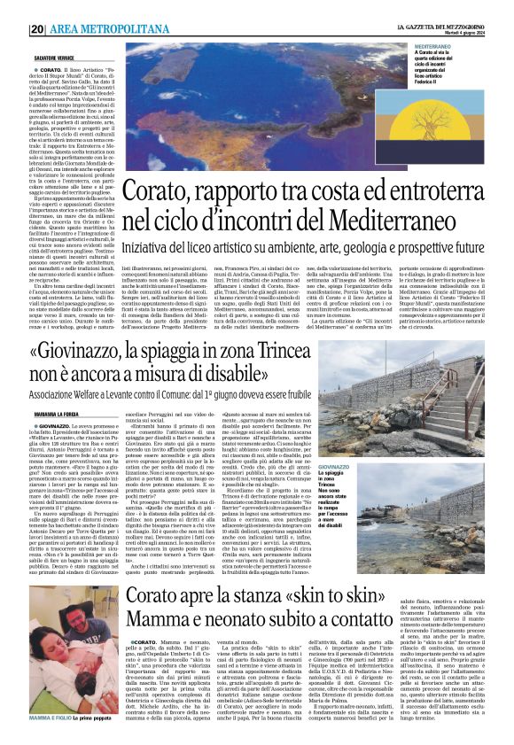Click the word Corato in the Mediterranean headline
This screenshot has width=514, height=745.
point(157,191)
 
